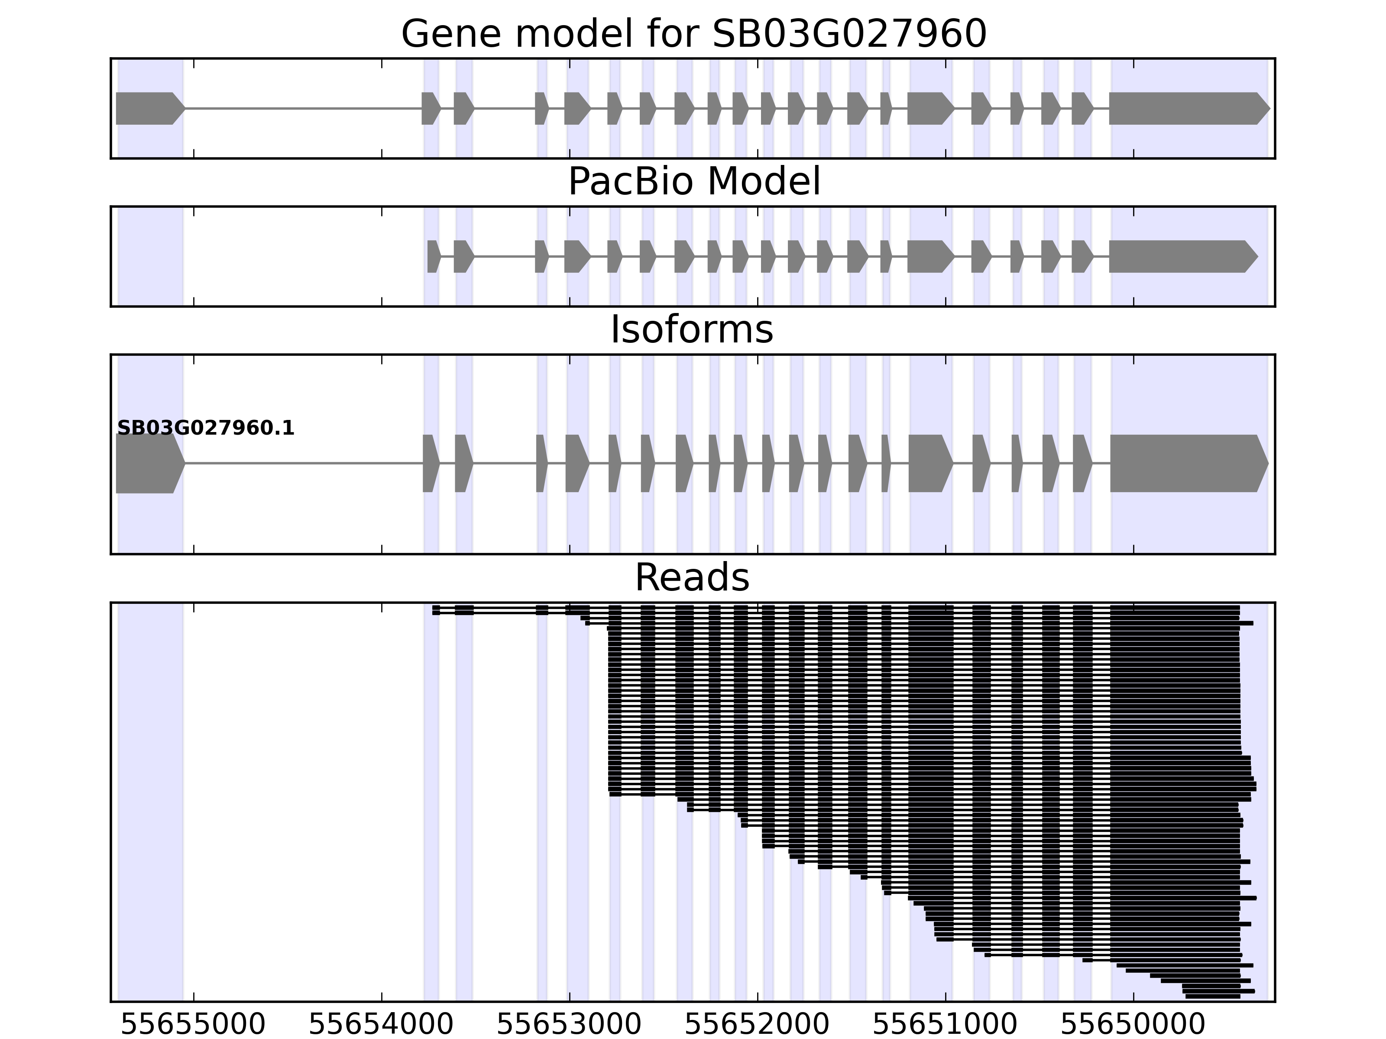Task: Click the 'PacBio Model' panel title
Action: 693,182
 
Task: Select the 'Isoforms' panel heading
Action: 692,330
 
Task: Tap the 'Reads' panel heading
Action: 692,578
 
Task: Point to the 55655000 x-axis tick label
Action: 193,1025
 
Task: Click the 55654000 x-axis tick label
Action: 381,1025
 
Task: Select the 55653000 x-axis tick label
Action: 569,1025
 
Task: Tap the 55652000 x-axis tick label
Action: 757,1025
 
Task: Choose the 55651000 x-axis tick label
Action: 945,1025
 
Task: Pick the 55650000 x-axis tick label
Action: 1133,1025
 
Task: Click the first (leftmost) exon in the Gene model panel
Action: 148,108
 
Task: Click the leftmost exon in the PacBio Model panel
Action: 433,256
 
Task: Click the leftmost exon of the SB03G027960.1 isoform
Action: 148,464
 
